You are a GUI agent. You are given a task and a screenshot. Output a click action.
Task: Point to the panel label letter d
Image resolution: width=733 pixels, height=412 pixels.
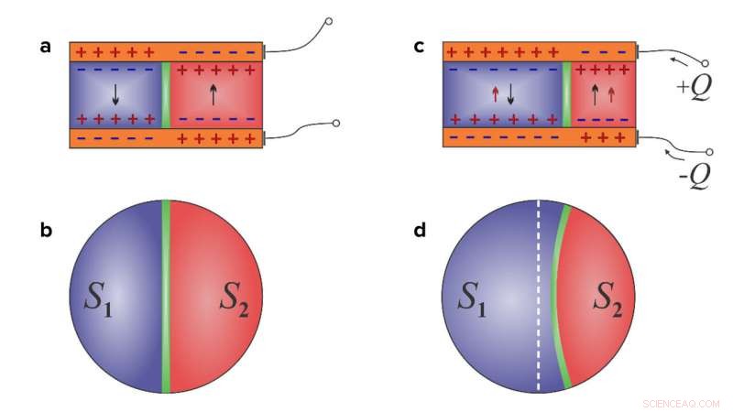pos(420,230)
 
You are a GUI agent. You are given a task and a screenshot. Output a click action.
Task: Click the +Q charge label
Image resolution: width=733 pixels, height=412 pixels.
pos(693,90)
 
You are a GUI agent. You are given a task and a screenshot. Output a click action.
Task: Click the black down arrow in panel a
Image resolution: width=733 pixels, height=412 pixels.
pos(115,92)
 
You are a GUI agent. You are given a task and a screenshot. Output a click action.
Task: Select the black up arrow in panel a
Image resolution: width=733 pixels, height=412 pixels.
pos(213,92)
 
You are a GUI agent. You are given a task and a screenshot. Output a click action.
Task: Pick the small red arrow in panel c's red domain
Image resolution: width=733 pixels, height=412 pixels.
pos(611,92)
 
